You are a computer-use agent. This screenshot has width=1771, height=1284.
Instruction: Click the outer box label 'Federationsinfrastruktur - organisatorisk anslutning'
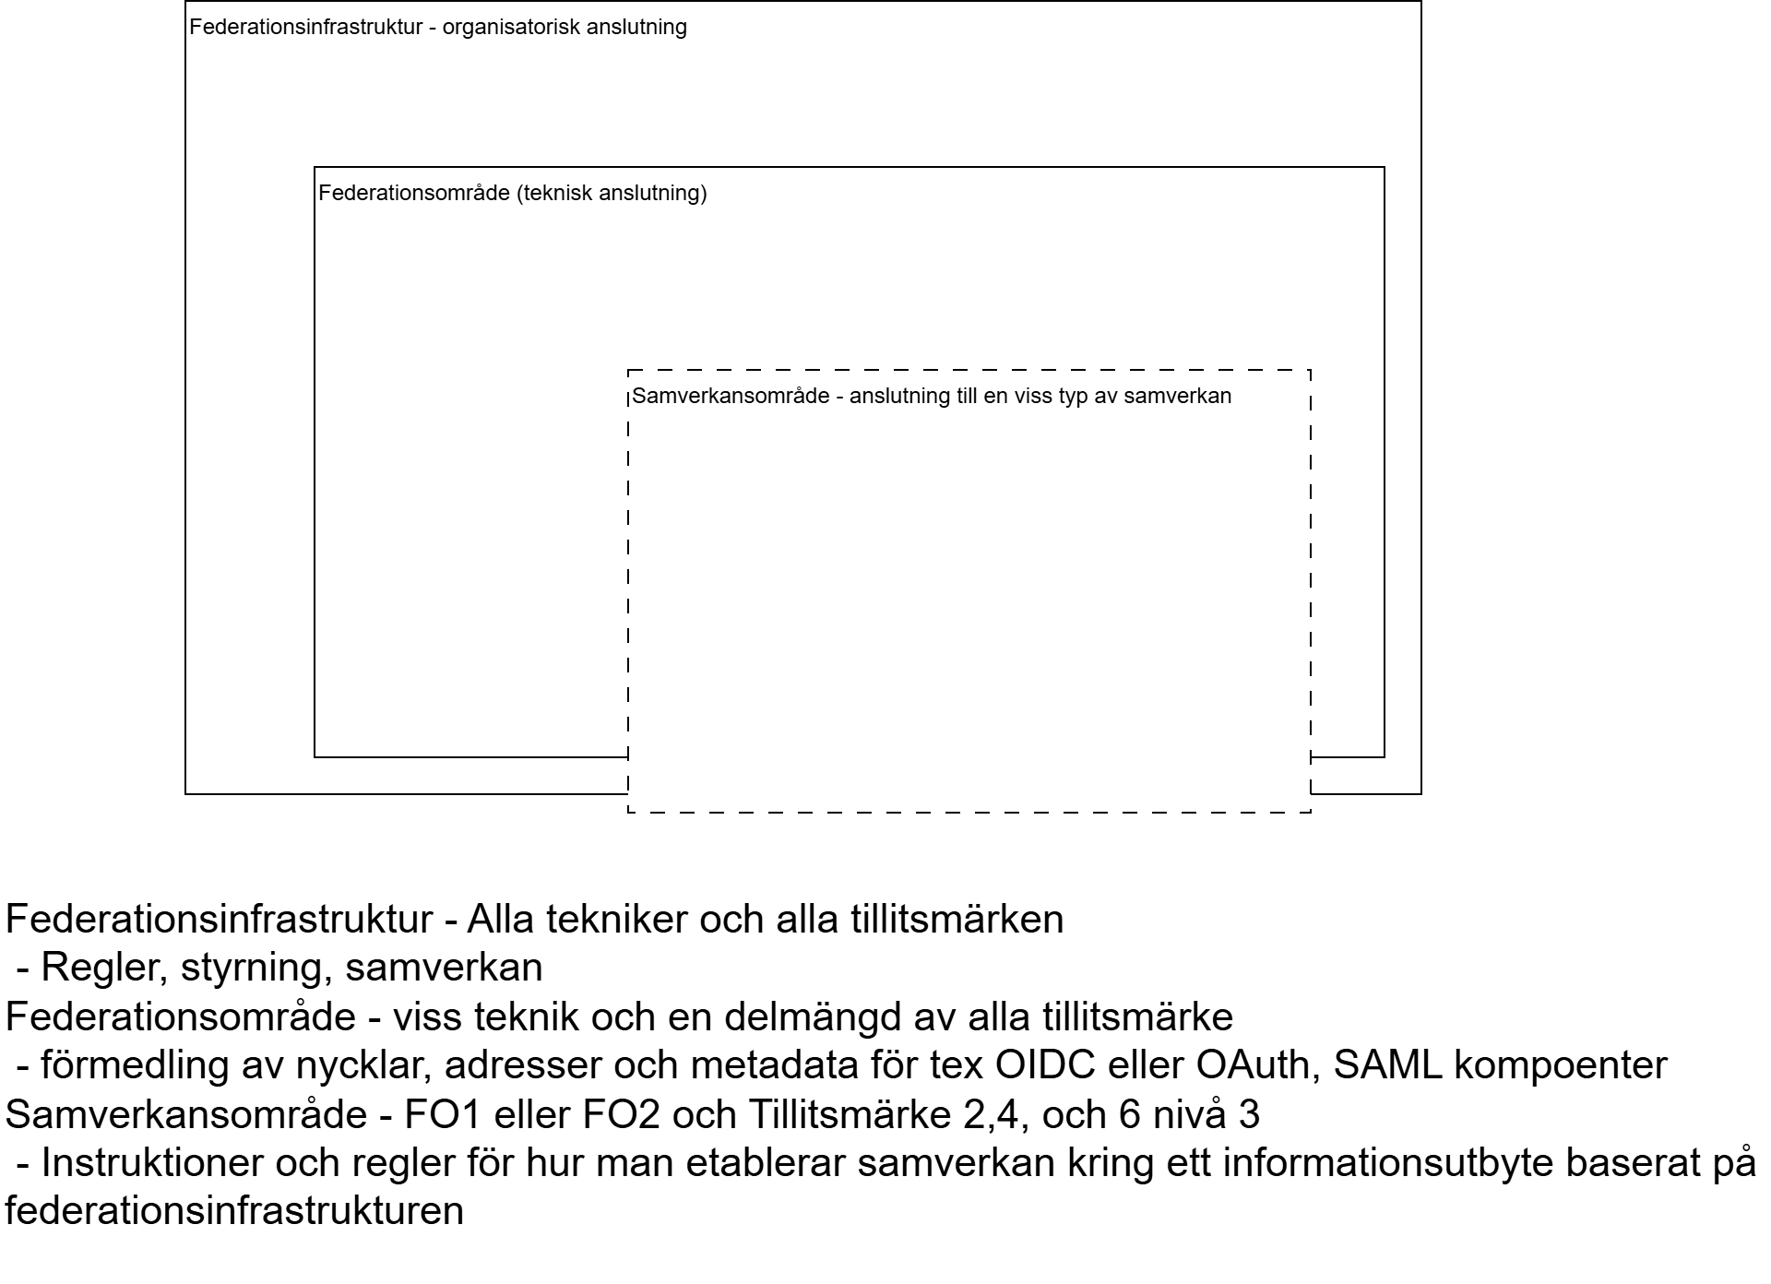pos(438,27)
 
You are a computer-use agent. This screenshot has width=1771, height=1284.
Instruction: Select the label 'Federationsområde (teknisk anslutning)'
pos(512,193)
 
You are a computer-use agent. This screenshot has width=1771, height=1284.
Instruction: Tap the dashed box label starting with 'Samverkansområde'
pos(932,396)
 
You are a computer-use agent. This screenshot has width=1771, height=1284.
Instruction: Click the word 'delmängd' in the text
pos(813,1016)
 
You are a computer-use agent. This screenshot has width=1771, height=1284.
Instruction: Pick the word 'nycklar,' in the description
pos(364,1065)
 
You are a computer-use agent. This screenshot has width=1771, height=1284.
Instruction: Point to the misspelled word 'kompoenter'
pos(1561,1065)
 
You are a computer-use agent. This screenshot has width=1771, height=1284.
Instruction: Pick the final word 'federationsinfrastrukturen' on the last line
pos(234,1211)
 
